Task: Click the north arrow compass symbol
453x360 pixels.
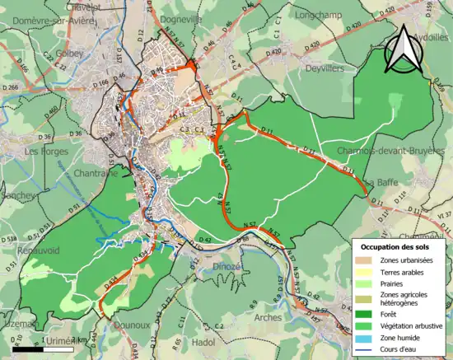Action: click(x=405, y=49)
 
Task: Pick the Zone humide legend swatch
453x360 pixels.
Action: click(x=366, y=338)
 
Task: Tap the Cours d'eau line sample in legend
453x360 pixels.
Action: click(x=366, y=350)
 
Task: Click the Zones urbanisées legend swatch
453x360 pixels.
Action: click(x=366, y=259)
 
